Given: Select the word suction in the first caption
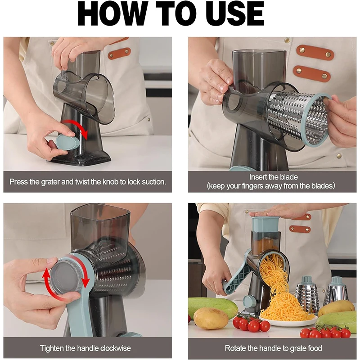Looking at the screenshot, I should pyautogui.click(x=151, y=182).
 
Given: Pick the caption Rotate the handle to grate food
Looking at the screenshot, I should pyautogui.click(x=273, y=348).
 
